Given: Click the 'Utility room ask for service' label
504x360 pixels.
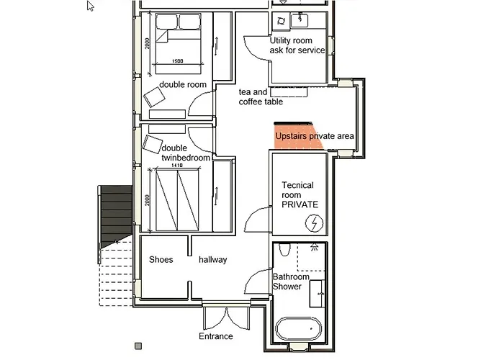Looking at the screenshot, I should point(297,45).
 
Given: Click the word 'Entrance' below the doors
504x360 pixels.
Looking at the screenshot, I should point(216,336).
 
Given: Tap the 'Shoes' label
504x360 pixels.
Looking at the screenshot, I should point(161,259).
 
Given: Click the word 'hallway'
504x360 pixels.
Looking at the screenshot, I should point(213,259).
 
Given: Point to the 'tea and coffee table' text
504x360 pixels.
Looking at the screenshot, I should point(261,97).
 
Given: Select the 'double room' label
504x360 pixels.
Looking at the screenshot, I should point(183,84).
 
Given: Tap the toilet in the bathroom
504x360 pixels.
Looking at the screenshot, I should point(285,251).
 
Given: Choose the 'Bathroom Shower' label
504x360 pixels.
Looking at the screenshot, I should point(291,282).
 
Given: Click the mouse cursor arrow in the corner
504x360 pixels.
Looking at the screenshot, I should point(91,6).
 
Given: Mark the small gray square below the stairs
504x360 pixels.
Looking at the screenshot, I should point(138,346).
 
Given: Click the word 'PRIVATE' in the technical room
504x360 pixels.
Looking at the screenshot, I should point(300,204).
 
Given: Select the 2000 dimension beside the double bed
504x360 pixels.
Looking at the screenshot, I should point(147,46).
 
